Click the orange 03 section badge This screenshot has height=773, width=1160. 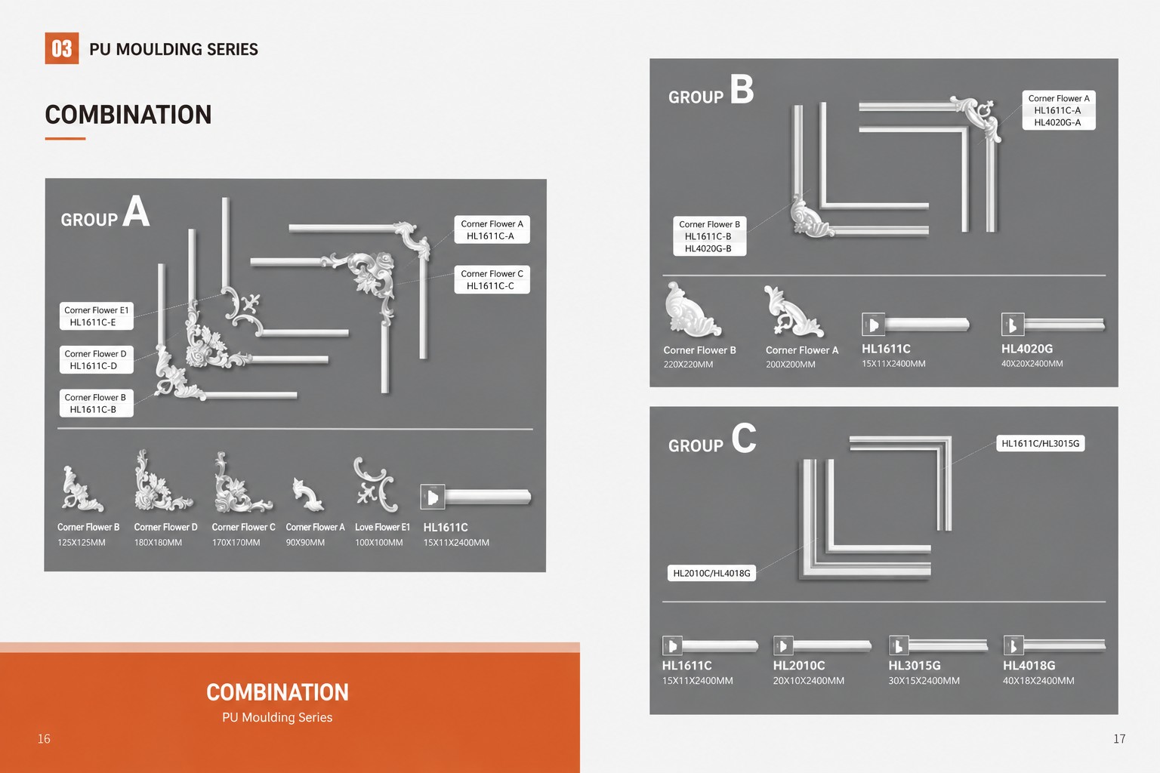(x=62, y=48)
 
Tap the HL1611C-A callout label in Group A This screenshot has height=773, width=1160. (x=492, y=229)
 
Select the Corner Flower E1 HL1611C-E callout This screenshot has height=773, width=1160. (x=97, y=316)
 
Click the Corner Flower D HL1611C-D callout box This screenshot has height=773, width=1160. (x=97, y=359)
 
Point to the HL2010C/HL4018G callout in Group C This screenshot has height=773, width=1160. (x=711, y=573)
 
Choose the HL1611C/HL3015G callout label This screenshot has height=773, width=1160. (x=1041, y=443)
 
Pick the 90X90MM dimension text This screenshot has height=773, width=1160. (x=305, y=543)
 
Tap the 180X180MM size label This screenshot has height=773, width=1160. (x=158, y=543)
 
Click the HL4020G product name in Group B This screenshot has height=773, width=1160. (x=1027, y=349)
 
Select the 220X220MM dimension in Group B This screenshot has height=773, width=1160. (x=688, y=365)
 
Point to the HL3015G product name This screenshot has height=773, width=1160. (x=915, y=665)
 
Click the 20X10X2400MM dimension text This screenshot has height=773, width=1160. (x=808, y=681)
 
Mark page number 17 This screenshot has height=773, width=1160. (x=1119, y=739)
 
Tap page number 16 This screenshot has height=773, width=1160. (x=44, y=739)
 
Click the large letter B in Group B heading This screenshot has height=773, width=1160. (x=742, y=89)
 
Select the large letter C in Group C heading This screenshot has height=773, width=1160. (x=744, y=438)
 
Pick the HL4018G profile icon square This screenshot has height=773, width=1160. (x=1013, y=645)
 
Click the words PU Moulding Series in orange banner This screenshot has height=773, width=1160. (x=277, y=717)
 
